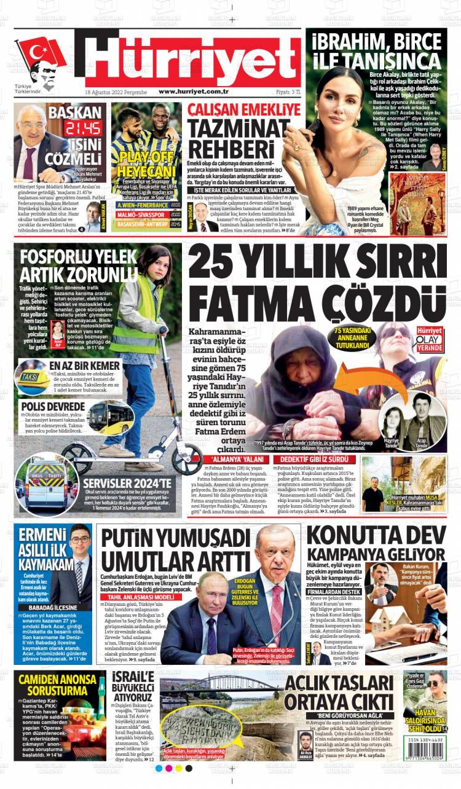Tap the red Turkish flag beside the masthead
pos(41,53)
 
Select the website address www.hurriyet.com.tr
pos(194,92)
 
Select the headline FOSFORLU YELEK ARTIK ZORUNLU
pos(78,265)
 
